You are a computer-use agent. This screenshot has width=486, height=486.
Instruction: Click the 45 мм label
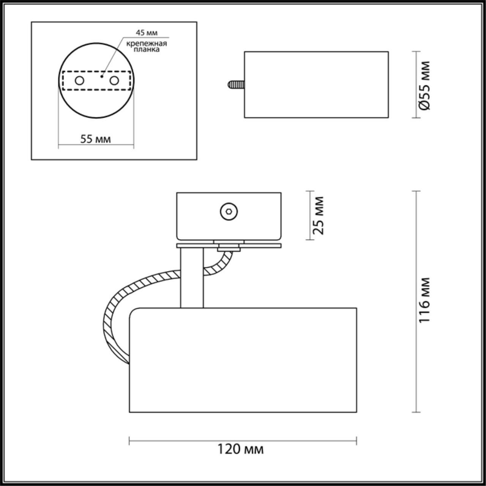click(x=147, y=33)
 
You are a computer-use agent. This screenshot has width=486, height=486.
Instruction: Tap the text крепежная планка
click(x=147, y=46)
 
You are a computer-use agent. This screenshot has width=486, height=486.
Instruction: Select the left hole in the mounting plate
click(x=79, y=80)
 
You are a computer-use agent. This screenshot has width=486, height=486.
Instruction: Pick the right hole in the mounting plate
click(x=114, y=80)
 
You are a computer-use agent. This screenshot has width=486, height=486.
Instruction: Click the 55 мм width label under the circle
click(x=96, y=139)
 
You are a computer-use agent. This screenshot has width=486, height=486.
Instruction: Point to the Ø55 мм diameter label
click(x=425, y=85)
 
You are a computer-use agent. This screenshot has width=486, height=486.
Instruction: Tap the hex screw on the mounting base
click(x=229, y=211)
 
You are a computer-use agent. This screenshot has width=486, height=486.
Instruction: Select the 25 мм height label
click(x=319, y=215)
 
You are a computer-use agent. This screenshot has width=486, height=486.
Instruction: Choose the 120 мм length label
click(x=240, y=450)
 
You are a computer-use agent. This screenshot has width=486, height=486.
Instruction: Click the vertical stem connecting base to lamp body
click(x=192, y=277)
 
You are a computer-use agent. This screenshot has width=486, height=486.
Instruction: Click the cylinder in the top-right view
click(x=316, y=84)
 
